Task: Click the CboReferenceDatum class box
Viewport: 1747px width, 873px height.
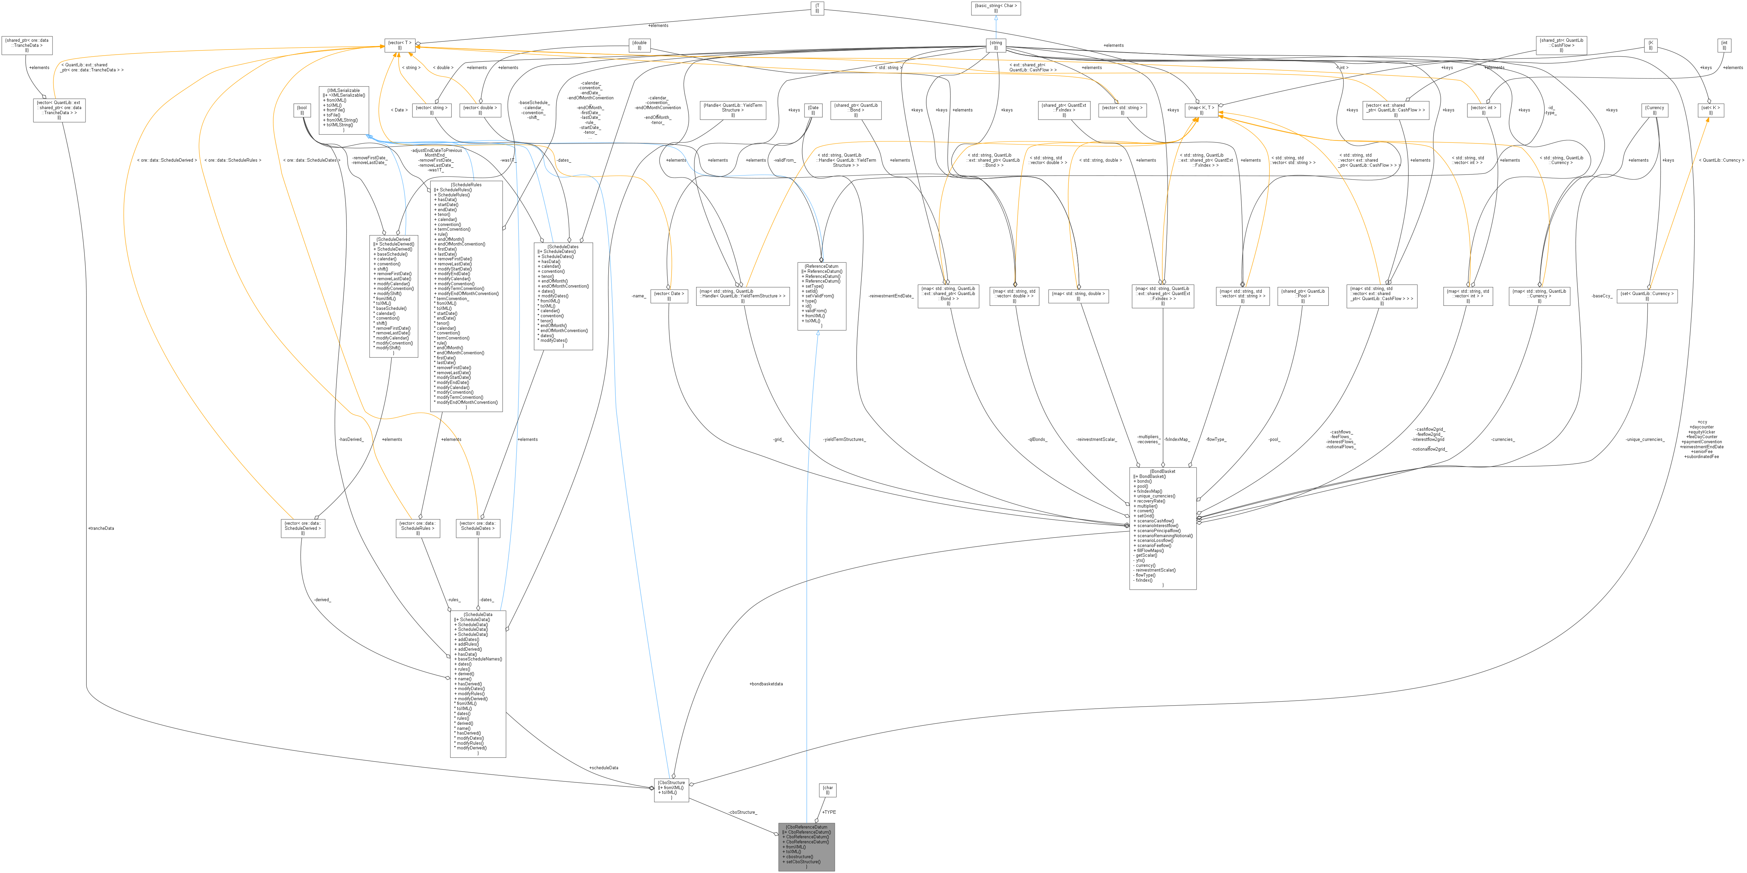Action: click(x=807, y=846)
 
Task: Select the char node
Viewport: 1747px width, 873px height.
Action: click(x=827, y=790)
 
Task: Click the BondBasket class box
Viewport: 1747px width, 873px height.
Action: click(x=1162, y=528)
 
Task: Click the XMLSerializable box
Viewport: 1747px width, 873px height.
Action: click(x=344, y=110)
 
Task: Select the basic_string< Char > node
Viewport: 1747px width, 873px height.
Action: click(x=996, y=7)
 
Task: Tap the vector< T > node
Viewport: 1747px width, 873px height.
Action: click(x=400, y=45)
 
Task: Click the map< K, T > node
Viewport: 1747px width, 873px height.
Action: click(x=1201, y=110)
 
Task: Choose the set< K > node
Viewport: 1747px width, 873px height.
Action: click(x=1710, y=110)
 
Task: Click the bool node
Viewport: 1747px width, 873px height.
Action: click(x=302, y=110)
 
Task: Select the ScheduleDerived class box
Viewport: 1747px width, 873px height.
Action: click(x=393, y=296)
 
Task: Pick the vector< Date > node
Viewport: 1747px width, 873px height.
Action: click(x=669, y=296)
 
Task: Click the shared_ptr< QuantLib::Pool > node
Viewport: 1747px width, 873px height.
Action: click(x=1302, y=296)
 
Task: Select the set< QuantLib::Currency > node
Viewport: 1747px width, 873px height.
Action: click(x=1647, y=296)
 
